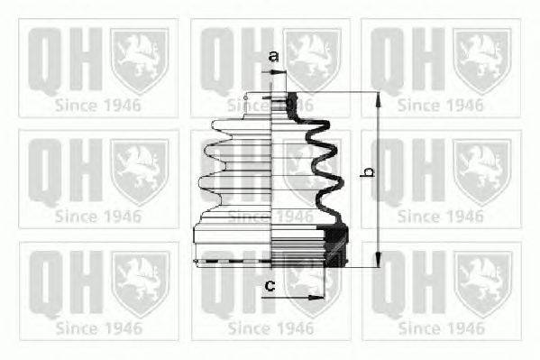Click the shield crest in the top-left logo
[x=141, y=60]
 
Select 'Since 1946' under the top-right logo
[x=441, y=104]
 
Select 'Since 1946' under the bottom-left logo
[x=98, y=327]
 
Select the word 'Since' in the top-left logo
[x=75, y=104]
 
